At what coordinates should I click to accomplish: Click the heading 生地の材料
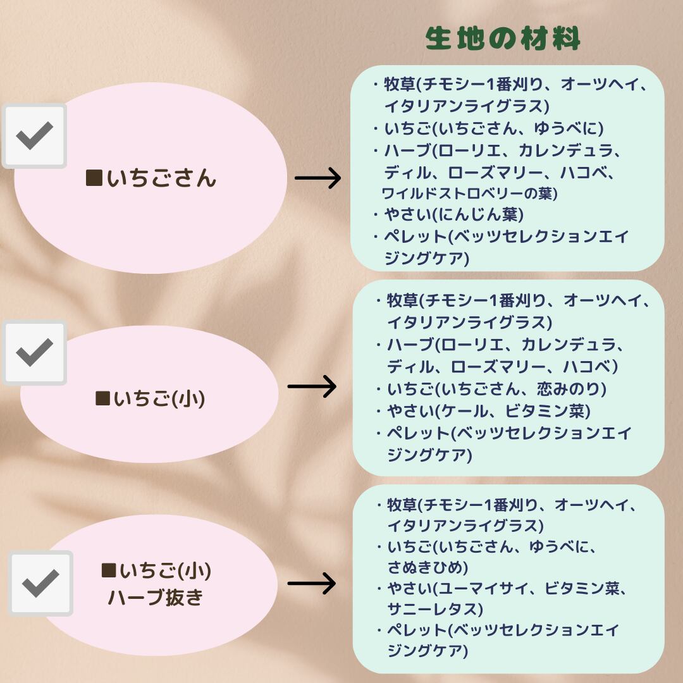[x=503, y=39]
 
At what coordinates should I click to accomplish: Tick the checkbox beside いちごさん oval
[x=34, y=135]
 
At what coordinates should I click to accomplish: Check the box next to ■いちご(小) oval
[x=34, y=352]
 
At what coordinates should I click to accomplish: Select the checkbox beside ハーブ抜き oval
[x=40, y=582]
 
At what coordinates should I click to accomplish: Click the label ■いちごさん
[x=151, y=179]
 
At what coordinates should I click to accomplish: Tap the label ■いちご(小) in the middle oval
[x=151, y=399]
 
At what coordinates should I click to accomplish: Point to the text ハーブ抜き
[x=156, y=598]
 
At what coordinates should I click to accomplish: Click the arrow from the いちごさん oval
[x=317, y=179]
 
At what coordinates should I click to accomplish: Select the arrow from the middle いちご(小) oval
[x=312, y=386]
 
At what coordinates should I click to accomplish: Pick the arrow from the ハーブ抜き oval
[x=311, y=584]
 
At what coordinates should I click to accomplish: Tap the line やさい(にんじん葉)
[x=454, y=215]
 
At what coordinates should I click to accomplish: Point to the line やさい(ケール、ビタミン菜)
[x=489, y=411]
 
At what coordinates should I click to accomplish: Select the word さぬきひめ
[x=427, y=566]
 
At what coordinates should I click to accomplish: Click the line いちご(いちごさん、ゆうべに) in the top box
[x=494, y=128]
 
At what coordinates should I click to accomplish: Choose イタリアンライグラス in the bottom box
[x=465, y=525]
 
